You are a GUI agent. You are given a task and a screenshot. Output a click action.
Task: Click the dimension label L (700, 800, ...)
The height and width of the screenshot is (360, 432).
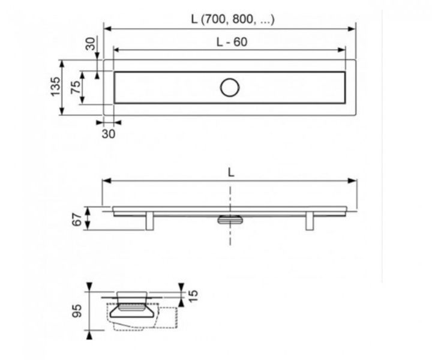[x=233, y=19]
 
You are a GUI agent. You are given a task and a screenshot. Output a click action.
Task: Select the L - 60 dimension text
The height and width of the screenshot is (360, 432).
[x=232, y=42]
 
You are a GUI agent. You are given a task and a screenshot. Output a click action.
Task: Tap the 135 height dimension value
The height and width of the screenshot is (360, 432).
[x=55, y=86]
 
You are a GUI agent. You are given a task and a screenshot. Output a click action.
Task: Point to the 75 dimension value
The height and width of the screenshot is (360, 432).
[x=76, y=87]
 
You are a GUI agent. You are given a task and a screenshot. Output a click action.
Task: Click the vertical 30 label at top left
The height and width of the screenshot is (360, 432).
[x=91, y=44]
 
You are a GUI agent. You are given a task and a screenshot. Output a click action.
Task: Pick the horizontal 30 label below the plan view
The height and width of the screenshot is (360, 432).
[x=109, y=134]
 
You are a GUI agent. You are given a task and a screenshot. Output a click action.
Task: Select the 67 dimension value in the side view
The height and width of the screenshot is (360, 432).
[x=77, y=220]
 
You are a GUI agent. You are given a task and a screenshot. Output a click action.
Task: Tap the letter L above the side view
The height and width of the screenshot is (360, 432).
[x=231, y=173]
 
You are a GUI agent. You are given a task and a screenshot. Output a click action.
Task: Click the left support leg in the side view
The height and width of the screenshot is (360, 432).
[x=149, y=221]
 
